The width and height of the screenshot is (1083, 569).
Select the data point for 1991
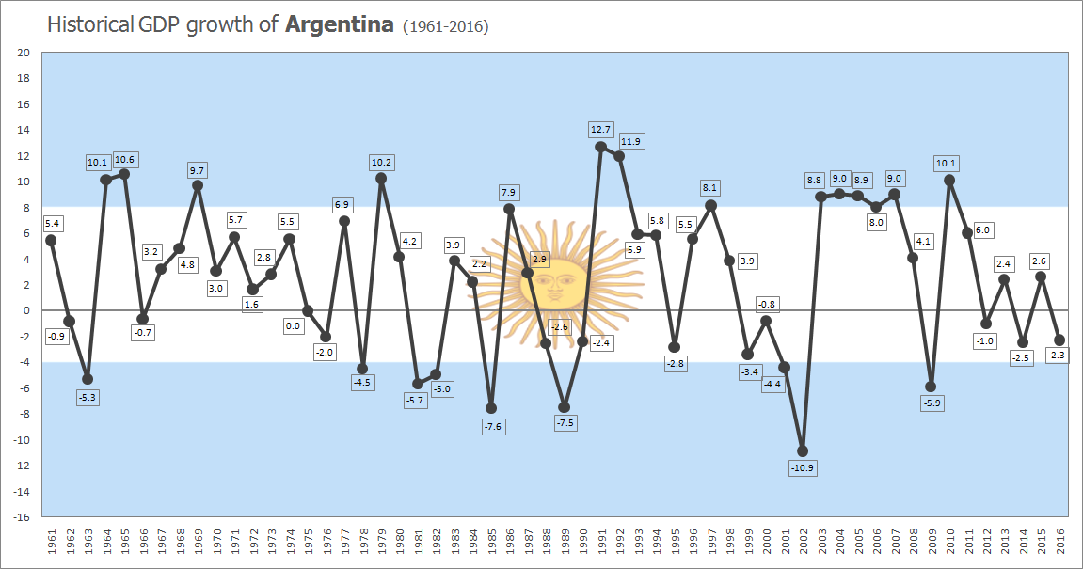(600, 147)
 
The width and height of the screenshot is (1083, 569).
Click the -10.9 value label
(803, 468)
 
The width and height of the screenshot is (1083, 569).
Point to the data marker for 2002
(803, 450)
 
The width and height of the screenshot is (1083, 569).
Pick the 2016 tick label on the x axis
(1060, 542)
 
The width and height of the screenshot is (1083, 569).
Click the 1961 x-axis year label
(51, 542)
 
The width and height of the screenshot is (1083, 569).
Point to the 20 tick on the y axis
(24, 53)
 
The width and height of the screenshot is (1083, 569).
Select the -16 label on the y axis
(22, 516)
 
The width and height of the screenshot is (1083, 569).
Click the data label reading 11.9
(631, 141)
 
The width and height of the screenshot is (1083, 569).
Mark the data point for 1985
(490, 408)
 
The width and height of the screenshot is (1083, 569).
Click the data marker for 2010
(949, 180)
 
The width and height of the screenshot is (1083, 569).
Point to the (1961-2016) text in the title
(445, 26)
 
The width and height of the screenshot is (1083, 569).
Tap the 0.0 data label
(293, 326)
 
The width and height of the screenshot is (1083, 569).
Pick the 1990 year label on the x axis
(582, 542)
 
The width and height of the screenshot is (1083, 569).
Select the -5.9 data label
(932, 403)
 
